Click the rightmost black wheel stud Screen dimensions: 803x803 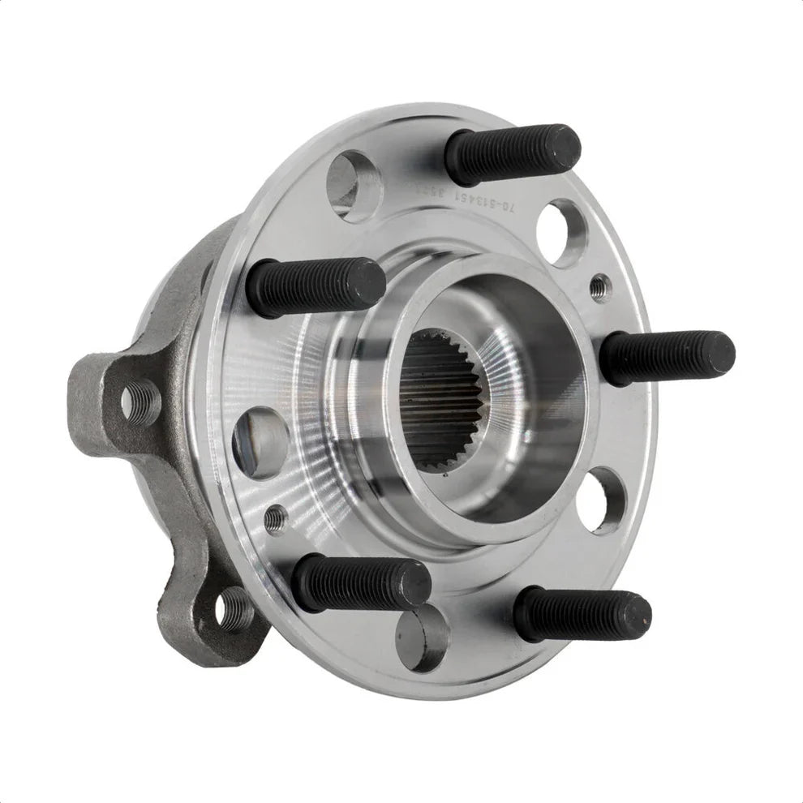pyautogui.click(x=668, y=357)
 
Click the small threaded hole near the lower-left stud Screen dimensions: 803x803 pyautogui.click(x=277, y=516)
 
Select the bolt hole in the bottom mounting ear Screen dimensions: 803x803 pyautogui.click(x=234, y=608)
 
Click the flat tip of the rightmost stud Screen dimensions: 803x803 pyautogui.click(x=721, y=354)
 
